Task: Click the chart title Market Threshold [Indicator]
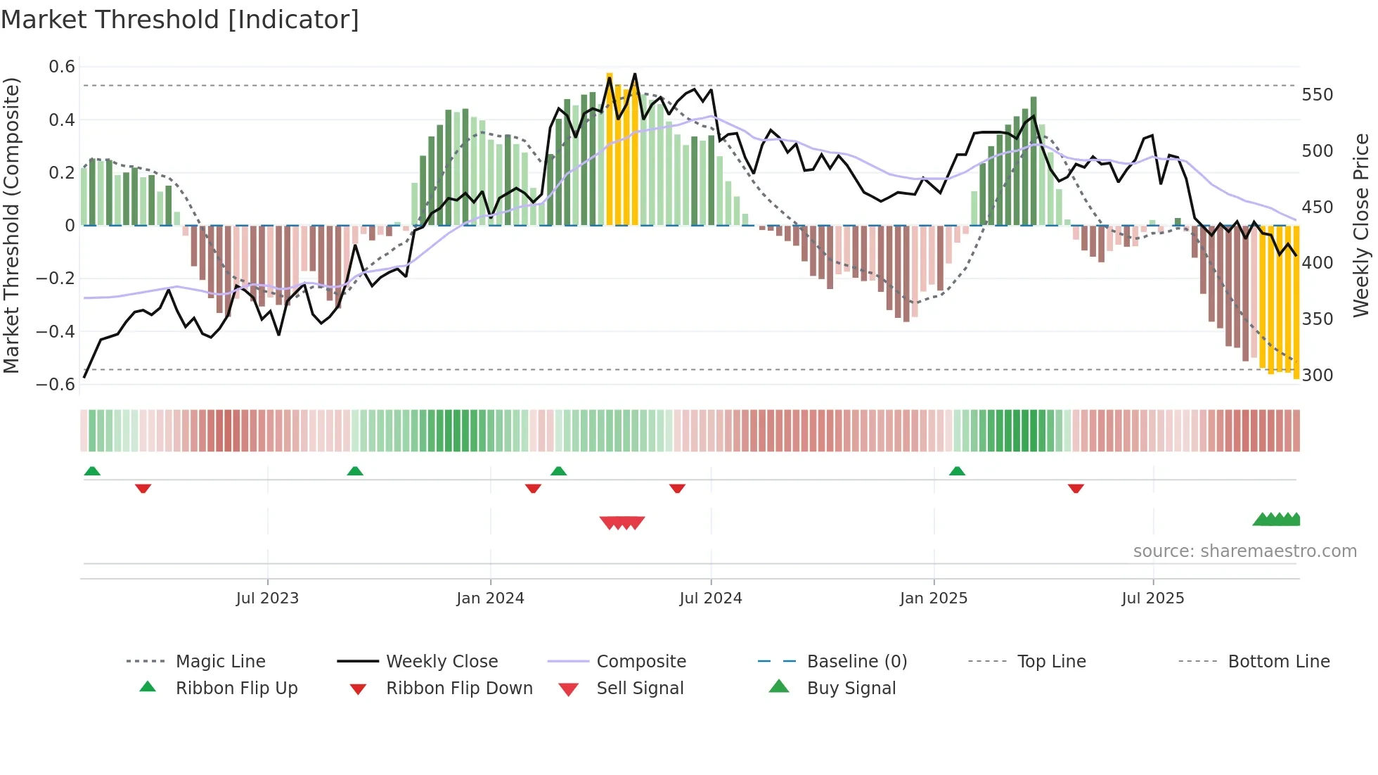click(x=180, y=20)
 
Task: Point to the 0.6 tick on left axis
click(x=62, y=67)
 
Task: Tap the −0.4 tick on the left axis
click(x=56, y=331)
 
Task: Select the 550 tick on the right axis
click(x=1317, y=95)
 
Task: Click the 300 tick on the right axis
click(x=1317, y=376)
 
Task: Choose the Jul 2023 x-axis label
click(x=267, y=598)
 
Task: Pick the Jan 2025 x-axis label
click(x=933, y=598)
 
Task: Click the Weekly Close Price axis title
click(x=1361, y=225)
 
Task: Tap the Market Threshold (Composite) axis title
click(x=11, y=225)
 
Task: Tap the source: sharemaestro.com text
click(x=1244, y=551)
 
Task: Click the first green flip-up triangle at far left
click(x=92, y=471)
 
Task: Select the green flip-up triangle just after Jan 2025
click(x=957, y=471)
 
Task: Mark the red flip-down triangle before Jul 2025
click(x=1076, y=488)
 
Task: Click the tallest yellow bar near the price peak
click(x=610, y=148)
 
